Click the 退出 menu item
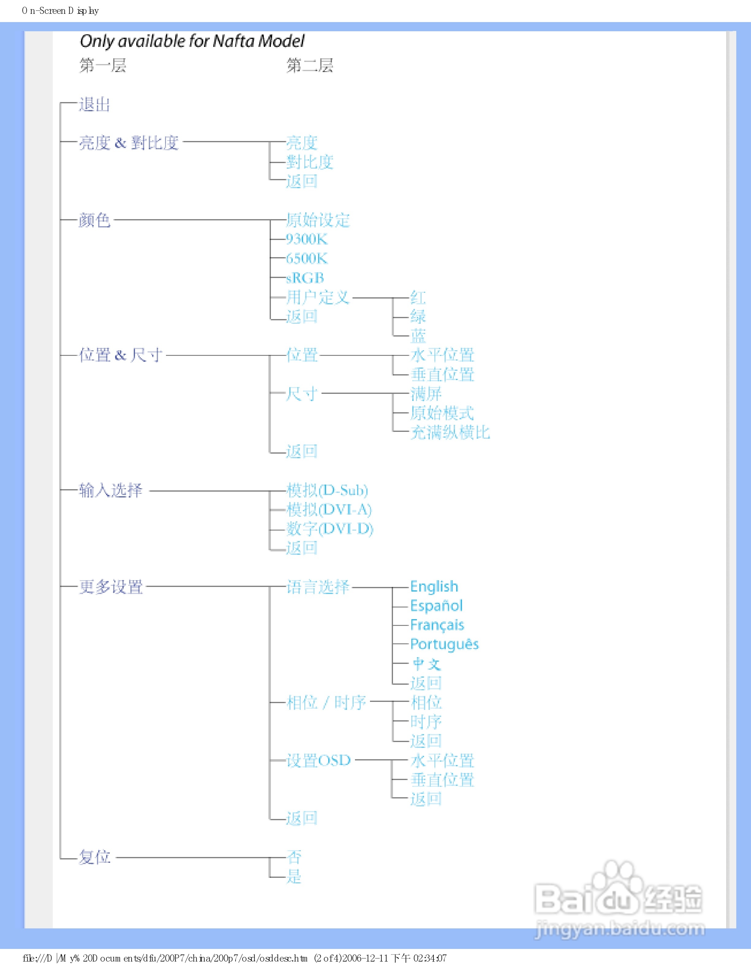pyautogui.click(x=94, y=105)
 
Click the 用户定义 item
pyautogui.click(x=318, y=297)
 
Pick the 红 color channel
pyautogui.click(x=418, y=297)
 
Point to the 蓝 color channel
pyautogui.click(x=418, y=336)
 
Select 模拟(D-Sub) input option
pyautogui.click(x=327, y=490)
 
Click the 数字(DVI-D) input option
pyautogui.click(x=330, y=529)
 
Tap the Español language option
pyautogui.click(x=436, y=606)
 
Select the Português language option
pyautogui.click(x=444, y=644)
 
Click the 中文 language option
pyautogui.click(x=426, y=664)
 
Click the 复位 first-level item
pyautogui.click(x=94, y=857)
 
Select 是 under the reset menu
pyautogui.click(x=294, y=877)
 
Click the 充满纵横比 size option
pyautogui.click(x=450, y=432)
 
